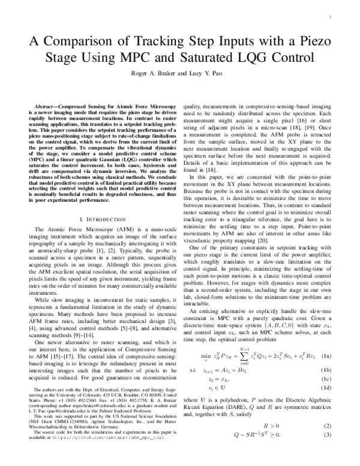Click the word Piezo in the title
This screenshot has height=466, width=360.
click(x=313, y=41)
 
